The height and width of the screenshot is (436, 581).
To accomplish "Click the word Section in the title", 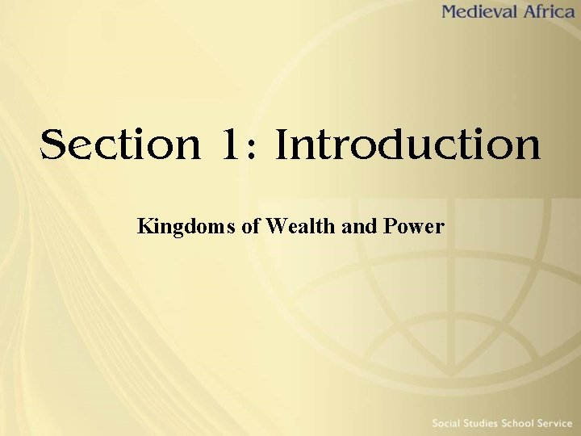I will tap(120, 145).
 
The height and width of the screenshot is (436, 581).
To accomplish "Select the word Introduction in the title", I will tap(408, 145).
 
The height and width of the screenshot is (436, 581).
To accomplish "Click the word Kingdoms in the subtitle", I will tap(186, 227).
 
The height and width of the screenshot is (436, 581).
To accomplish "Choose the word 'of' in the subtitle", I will tap(250, 226).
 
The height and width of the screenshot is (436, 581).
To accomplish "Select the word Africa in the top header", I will tap(549, 12).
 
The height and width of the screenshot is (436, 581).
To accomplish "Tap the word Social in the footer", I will tap(449, 423).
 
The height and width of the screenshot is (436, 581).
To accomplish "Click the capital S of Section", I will tap(53, 145).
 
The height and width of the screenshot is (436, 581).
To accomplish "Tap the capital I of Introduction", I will tap(282, 145).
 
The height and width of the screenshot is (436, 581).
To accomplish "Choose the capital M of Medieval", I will tap(450, 12).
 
